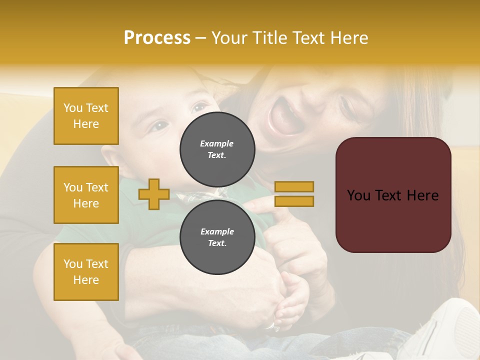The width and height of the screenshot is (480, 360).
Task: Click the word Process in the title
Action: tap(157, 38)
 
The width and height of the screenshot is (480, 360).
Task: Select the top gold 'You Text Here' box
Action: tap(86, 116)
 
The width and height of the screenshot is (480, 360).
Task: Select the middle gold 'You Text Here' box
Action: tap(86, 195)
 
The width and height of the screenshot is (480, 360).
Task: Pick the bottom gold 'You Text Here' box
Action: tap(86, 272)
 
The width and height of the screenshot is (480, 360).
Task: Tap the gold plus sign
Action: tap(154, 194)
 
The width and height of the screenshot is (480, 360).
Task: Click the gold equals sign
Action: tap(294, 194)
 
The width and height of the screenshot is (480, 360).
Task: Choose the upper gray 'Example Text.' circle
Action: tap(217, 149)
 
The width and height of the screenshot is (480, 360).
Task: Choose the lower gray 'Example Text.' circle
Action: tap(217, 237)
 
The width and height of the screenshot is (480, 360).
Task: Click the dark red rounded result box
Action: tap(393, 195)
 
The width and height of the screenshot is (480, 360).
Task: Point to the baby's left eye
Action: tap(200, 106)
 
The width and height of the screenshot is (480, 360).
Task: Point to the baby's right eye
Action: tap(159, 126)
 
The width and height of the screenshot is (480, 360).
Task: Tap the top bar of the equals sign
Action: tap(294, 186)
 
